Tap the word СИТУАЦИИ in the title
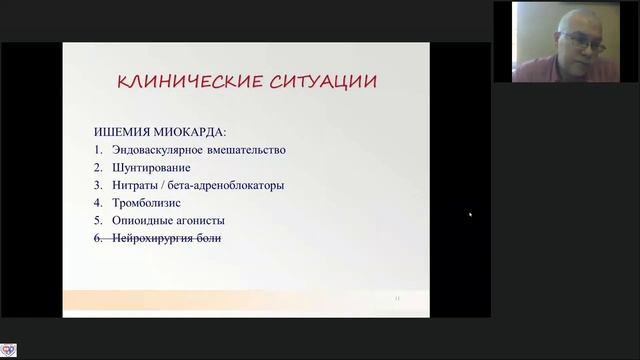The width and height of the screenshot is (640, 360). pyautogui.click(x=320, y=82)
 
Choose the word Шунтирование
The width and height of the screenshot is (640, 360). pyautogui.click(x=152, y=167)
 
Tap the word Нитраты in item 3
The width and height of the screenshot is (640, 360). pyautogui.click(x=137, y=185)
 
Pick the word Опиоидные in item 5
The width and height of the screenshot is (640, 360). pyautogui.click(x=144, y=220)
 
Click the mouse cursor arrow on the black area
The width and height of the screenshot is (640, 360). pyautogui.click(x=470, y=213)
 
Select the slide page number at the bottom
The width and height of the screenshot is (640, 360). pyautogui.click(x=398, y=298)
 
